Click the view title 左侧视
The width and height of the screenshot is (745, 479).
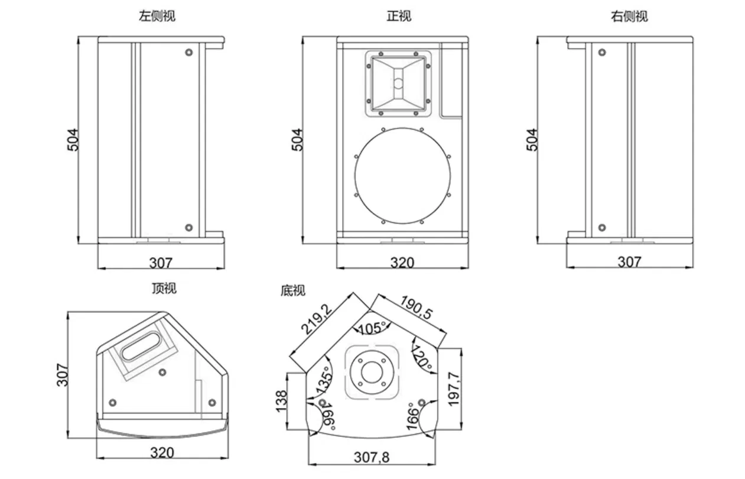click(x=157, y=17)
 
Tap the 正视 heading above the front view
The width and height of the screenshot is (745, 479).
click(x=399, y=17)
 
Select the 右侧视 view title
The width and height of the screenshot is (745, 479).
click(x=629, y=17)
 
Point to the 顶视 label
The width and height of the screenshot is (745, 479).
click(x=164, y=289)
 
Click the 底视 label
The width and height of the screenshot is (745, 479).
click(x=293, y=291)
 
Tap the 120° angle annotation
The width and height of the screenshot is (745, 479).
click(x=422, y=358)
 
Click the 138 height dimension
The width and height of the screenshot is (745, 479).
click(x=282, y=401)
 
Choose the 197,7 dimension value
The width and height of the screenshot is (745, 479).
click(x=454, y=389)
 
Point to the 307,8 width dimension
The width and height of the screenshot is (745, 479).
click(x=372, y=457)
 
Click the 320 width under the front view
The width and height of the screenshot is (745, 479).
click(x=402, y=262)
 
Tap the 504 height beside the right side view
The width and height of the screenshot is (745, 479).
click(x=532, y=140)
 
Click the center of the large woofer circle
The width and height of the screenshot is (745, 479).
click(x=402, y=176)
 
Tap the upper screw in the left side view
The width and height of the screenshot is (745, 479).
click(x=189, y=53)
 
